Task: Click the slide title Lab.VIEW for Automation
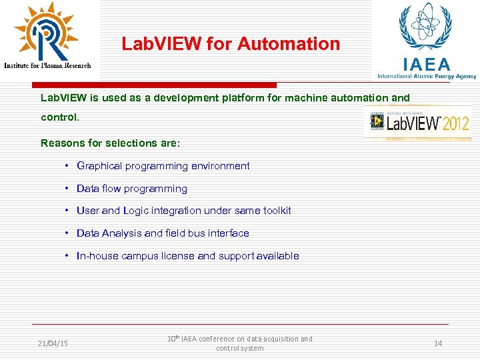pos(231,45)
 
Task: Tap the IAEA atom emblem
pos(425,27)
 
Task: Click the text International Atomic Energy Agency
pos(427,76)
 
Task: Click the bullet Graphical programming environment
pos(163,166)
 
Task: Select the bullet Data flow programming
pos(132,189)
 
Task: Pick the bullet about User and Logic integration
pos(183,211)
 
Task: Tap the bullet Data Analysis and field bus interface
pos(163,233)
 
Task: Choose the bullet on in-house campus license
pos(187,256)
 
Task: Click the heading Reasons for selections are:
pos(110,143)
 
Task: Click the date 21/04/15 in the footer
pos(53,343)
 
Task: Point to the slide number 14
pos(438,343)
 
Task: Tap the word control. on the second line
pos(60,117)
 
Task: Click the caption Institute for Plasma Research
pos(47,65)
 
